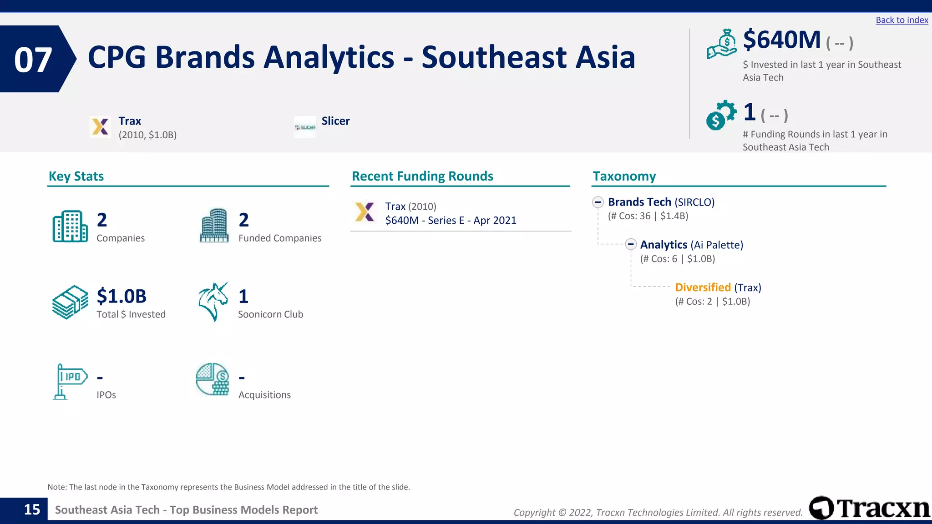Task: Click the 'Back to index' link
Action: [x=902, y=20]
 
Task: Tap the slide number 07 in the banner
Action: [x=33, y=60]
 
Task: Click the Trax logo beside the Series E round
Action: [x=365, y=212]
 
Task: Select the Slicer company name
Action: [x=335, y=121]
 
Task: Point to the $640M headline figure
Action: [x=782, y=40]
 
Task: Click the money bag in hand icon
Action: [x=721, y=44]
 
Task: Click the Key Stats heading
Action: [x=76, y=176]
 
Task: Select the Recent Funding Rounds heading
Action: [x=422, y=176]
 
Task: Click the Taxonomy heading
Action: [x=624, y=176]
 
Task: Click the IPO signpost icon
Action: [x=70, y=381]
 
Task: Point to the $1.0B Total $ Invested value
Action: [x=122, y=296]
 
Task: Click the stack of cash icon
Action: [x=70, y=302]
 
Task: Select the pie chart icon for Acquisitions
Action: [x=213, y=379]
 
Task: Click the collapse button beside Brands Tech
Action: [x=598, y=202]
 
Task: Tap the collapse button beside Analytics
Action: [x=630, y=244]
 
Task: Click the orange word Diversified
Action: [x=703, y=287]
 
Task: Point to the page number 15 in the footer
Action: [x=32, y=509]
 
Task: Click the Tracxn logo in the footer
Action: [x=869, y=508]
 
